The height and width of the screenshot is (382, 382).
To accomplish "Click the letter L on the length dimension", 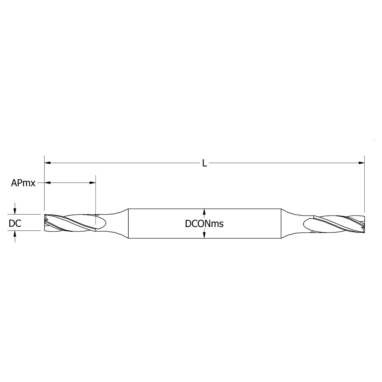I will point(204,163).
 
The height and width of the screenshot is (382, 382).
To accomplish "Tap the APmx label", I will point(23,183).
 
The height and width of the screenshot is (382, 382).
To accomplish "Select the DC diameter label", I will point(15,223).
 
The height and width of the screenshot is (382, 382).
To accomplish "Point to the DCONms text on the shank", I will point(204,224).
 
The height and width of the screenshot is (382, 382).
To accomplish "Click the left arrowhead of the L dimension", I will point(47,163).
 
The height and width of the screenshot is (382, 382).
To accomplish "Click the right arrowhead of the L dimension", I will point(362,163).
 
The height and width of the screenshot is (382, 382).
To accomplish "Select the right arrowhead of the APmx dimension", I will point(93,183).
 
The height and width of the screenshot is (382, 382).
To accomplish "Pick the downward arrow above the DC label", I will point(15,211).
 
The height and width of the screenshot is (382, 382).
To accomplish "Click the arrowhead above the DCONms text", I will point(204,212).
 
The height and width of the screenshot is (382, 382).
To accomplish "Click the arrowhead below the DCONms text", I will point(204,235).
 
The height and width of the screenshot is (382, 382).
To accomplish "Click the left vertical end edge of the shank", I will point(128,223).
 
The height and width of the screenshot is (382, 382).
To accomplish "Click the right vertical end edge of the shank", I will point(281,223).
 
